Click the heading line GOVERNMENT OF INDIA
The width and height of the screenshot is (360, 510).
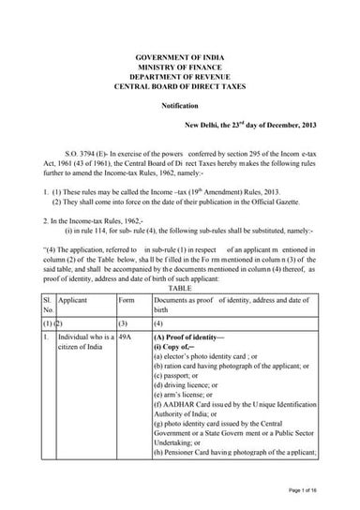[180, 58]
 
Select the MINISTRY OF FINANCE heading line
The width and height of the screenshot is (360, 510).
[180, 68]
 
